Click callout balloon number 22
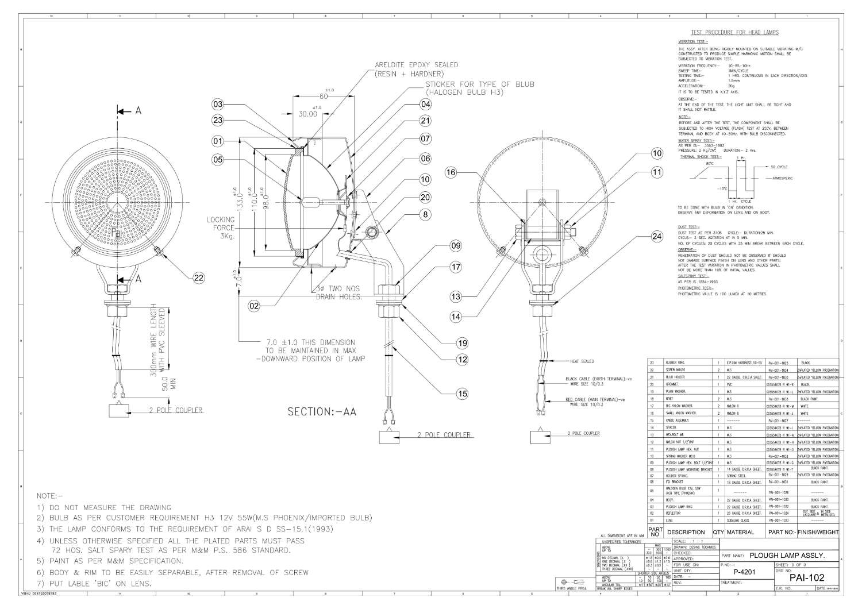click(x=198, y=278)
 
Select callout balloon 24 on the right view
click(x=657, y=236)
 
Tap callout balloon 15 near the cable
click(x=462, y=394)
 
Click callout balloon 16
click(x=451, y=172)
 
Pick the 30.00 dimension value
click(x=307, y=114)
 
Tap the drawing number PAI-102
click(x=807, y=577)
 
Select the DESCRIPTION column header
click(x=686, y=532)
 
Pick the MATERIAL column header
click(x=740, y=532)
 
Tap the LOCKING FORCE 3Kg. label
click(x=221, y=228)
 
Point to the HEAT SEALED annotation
click(x=582, y=361)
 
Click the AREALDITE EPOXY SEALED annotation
click(x=416, y=65)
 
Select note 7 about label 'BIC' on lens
click(x=94, y=584)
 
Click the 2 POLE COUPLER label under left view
click(x=176, y=410)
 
